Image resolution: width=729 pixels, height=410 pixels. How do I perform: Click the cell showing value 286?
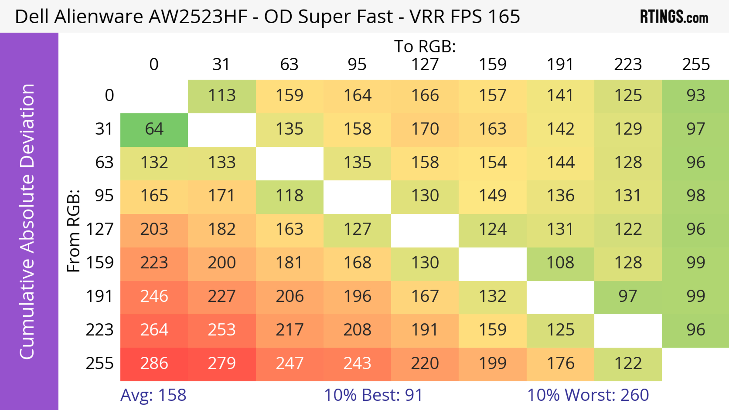pos(154,363)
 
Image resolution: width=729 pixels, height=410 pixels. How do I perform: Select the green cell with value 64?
pos(154,129)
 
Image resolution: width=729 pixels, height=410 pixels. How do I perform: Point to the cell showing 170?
pos(425,129)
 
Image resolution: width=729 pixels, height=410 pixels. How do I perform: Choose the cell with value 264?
pos(154,330)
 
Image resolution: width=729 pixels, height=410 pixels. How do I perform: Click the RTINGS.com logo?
pos(674,17)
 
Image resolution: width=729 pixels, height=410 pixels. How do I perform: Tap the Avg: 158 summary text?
pos(153,395)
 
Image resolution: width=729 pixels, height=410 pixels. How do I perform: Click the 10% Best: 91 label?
pos(373,395)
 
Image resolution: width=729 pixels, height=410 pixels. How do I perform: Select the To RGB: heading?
pos(425,46)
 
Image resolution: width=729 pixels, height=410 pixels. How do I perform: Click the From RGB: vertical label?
pos(74,231)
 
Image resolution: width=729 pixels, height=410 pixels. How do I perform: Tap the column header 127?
pos(425,65)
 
